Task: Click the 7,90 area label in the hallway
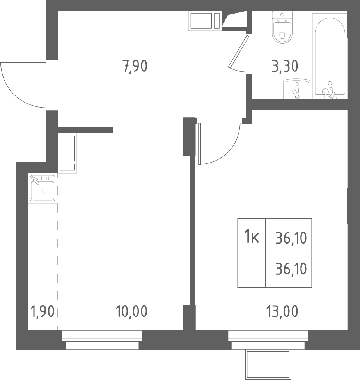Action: (135, 66)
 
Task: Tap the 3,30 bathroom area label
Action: (285, 66)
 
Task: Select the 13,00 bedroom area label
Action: (282, 311)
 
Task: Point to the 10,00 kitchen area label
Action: (131, 311)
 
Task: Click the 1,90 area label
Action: (43, 311)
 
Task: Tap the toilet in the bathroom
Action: (282, 27)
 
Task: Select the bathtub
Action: (330, 56)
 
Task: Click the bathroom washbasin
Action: (297, 88)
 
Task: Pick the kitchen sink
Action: (43, 188)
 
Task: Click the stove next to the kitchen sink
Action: (67, 153)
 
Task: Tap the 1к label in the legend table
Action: (252, 236)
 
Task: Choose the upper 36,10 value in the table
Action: (291, 238)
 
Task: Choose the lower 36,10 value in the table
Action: (291, 269)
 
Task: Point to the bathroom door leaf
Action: (238, 51)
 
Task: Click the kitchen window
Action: (102, 339)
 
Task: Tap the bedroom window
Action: (268, 339)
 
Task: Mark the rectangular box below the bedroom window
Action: (268, 364)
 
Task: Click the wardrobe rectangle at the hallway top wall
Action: (205, 21)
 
